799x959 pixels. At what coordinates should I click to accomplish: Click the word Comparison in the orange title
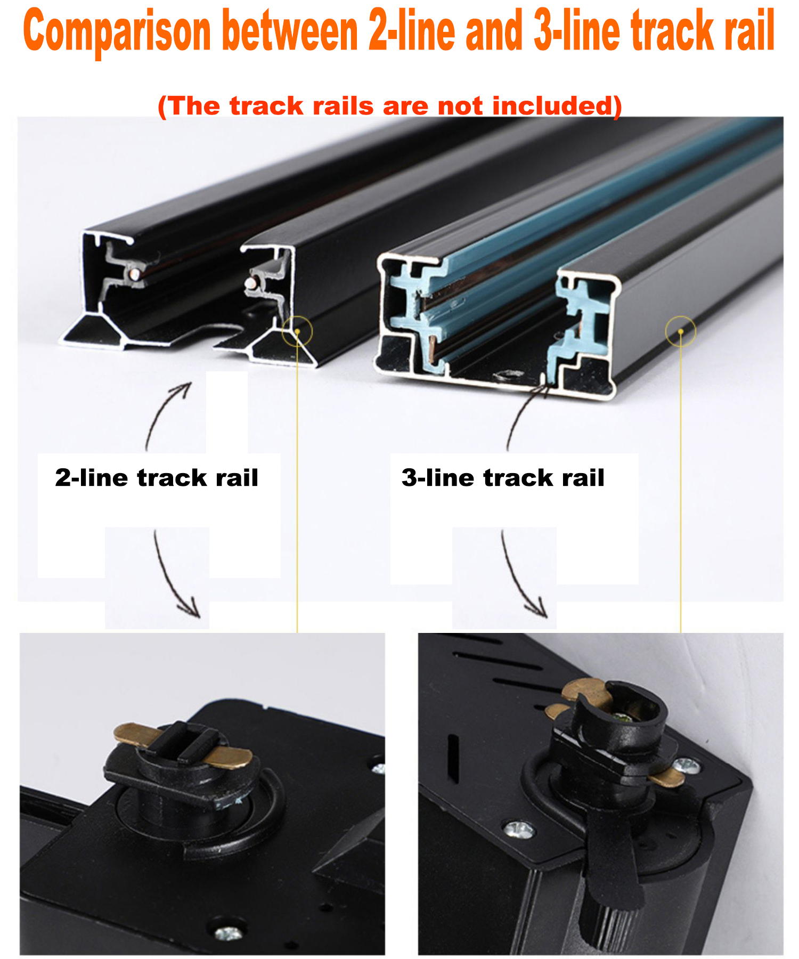click(117, 32)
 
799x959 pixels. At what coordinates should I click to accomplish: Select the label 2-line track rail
click(157, 477)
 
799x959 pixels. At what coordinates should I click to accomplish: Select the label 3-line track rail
click(503, 477)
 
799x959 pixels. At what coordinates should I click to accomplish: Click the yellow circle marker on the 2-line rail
click(297, 331)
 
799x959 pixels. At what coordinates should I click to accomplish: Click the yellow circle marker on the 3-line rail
click(681, 331)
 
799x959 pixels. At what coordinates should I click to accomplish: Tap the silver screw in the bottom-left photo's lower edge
click(229, 933)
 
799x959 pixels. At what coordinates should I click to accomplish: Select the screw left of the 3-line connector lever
click(518, 830)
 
